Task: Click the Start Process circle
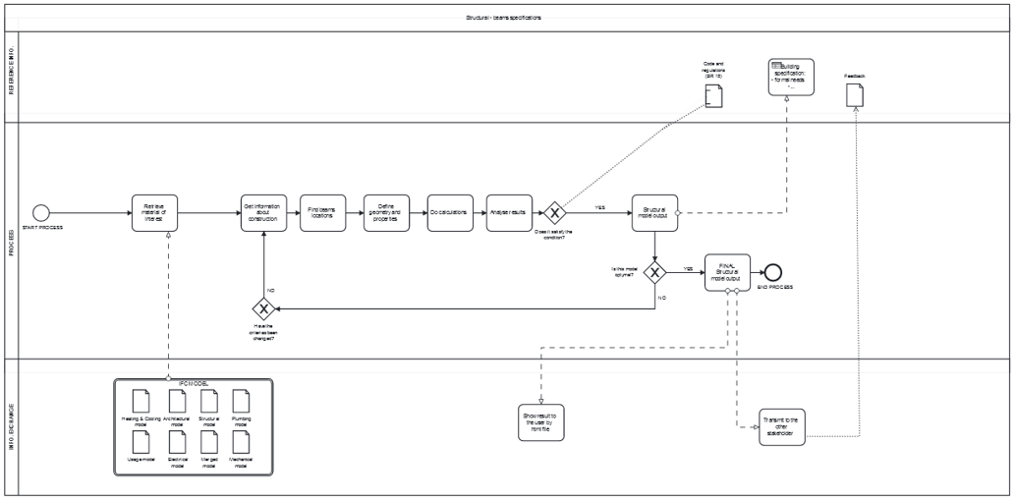click(41, 212)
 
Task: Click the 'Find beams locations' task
click(322, 212)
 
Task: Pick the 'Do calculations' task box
click(448, 212)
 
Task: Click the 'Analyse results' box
click(507, 212)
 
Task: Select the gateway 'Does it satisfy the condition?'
click(555, 212)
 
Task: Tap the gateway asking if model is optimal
click(654, 270)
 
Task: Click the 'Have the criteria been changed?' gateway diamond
click(263, 306)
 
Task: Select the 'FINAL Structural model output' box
click(727, 271)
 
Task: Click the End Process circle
click(774, 271)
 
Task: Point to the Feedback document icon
click(855, 93)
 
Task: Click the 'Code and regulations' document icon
click(713, 95)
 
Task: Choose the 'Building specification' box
click(791, 78)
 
